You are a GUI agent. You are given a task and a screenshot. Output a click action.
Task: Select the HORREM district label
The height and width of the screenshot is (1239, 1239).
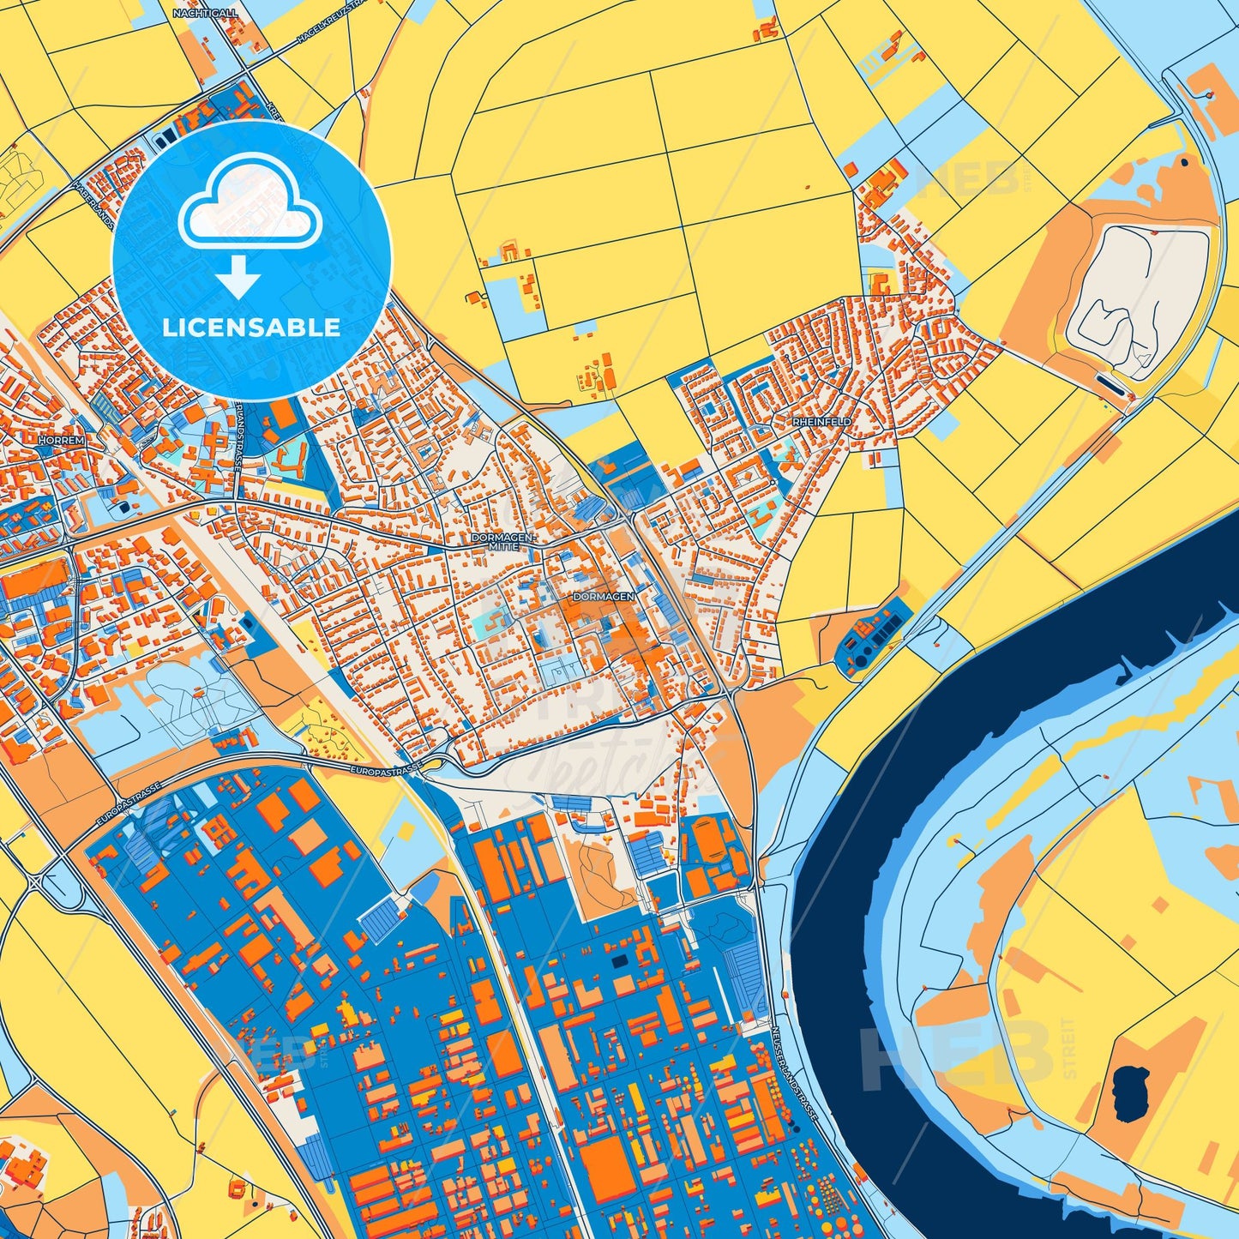(62, 440)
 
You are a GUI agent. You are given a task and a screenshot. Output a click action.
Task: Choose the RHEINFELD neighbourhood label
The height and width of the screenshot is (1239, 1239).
(821, 422)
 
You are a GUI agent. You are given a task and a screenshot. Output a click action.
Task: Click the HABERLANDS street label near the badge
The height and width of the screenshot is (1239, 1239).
(93, 202)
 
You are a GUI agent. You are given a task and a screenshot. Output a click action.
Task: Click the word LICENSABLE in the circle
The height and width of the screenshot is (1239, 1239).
(251, 328)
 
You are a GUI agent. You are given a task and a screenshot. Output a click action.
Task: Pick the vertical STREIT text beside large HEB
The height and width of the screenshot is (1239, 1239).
(1068, 1048)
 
